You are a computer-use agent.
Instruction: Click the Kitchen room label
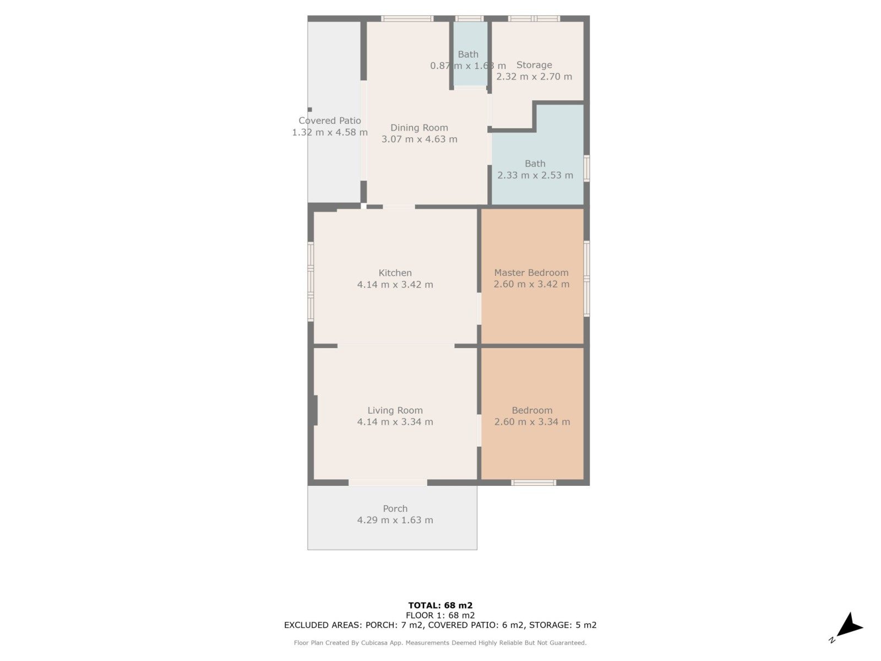(x=395, y=273)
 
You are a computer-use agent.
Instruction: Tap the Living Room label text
(x=395, y=410)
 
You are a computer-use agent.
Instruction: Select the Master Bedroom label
(x=531, y=273)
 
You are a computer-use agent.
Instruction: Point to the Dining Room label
(x=419, y=128)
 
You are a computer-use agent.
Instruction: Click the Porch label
(x=395, y=508)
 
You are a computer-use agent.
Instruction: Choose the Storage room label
(x=534, y=65)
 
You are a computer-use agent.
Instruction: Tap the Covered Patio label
(x=329, y=121)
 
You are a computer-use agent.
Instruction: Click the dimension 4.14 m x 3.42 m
(x=395, y=285)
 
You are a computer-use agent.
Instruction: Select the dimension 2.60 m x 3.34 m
(x=532, y=422)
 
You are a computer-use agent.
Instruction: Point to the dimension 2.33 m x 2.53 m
(x=535, y=175)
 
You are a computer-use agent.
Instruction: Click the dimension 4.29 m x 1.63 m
(x=395, y=520)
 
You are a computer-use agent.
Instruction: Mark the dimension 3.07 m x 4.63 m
(x=419, y=139)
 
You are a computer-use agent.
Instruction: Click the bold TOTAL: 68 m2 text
(x=440, y=605)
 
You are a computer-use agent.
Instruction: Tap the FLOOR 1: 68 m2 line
(x=440, y=615)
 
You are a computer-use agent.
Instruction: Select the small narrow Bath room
(x=470, y=53)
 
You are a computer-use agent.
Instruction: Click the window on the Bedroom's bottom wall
(x=534, y=483)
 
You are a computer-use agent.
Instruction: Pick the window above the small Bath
(x=469, y=19)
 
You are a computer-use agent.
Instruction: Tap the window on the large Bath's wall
(x=586, y=168)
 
